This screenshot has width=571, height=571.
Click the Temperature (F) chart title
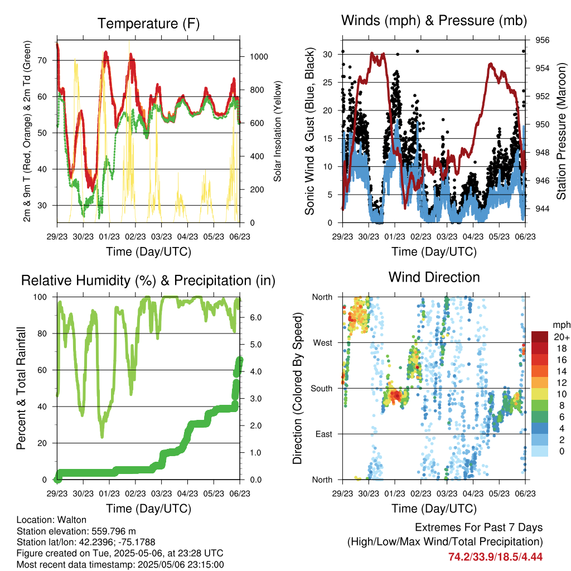click(x=148, y=23)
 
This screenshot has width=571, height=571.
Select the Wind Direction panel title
click(x=434, y=277)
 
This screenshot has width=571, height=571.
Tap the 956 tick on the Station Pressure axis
click(x=542, y=40)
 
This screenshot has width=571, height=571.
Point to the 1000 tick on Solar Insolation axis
click(x=259, y=56)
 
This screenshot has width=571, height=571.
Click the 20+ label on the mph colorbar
click(x=562, y=337)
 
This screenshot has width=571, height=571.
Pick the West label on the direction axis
click(x=322, y=343)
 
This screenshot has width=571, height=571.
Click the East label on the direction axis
click(x=324, y=434)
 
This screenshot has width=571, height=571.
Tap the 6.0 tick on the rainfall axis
click(x=255, y=317)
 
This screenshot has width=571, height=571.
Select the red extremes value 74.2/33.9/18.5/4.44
click(x=495, y=557)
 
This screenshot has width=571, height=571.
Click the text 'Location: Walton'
click(x=51, y=520)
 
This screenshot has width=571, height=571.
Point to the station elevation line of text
click(x=76, y=531)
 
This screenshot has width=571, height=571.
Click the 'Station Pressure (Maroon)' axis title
click(x=561, y=131)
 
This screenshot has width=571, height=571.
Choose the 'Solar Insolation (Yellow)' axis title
click(x=278, y=131)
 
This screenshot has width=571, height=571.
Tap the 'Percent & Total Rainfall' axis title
click(x=21, y=388)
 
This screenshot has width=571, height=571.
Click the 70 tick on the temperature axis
click(x=42, y=60)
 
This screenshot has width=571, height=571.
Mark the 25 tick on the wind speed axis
click(x=327, y=83)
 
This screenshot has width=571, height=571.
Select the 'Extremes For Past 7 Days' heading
click(x=478, y=528)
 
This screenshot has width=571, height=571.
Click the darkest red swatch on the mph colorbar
click(x=540, y=337)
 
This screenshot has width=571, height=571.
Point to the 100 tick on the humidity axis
click(x=40, y=297)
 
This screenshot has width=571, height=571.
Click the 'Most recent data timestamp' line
click(x=120, y=565)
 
